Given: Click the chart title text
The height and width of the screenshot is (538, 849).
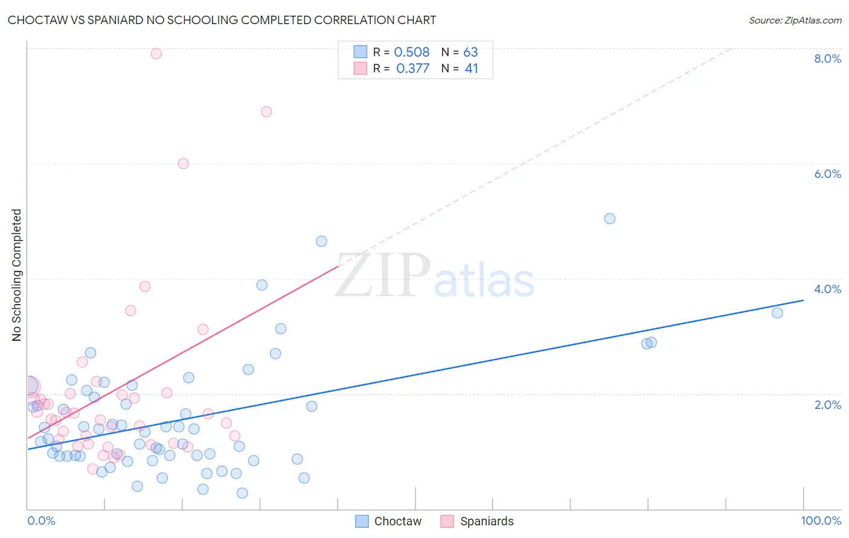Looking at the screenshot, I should coord(222,20).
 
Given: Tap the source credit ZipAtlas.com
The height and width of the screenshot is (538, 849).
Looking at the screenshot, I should coord(795,20).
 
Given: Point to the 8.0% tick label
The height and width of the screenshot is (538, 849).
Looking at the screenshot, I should coord(827,59).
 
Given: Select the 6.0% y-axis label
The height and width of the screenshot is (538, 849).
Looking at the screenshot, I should coord(827,174).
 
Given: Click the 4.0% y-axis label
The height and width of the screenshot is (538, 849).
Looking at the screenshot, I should coord(827,289).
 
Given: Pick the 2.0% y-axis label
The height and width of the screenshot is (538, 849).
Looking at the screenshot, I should coord(827,405).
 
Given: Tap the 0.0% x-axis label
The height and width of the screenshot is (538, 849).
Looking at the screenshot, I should coord(41,521).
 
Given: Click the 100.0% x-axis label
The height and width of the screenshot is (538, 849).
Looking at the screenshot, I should coord(821,521).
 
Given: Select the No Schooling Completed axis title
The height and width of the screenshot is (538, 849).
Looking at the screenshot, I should coord(17,275).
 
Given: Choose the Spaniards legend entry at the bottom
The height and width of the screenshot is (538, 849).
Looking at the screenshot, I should coord(477,521).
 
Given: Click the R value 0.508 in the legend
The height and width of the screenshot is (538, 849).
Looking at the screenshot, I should coord(411,52).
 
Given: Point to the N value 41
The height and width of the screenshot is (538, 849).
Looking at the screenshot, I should coord(471,69).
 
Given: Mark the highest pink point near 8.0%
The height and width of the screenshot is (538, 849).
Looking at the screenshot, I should coord(156,53).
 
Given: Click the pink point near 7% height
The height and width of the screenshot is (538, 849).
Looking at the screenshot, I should coord(266,112).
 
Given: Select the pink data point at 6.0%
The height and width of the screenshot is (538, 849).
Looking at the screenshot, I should coord(184,163).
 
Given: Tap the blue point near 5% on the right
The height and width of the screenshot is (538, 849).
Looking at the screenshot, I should coord(610,218).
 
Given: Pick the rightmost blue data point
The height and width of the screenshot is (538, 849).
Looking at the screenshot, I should coord(777,312).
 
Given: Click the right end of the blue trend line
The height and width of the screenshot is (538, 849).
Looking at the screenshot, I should coord(803,300).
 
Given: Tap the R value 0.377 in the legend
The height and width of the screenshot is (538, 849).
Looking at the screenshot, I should coord(412,69).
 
